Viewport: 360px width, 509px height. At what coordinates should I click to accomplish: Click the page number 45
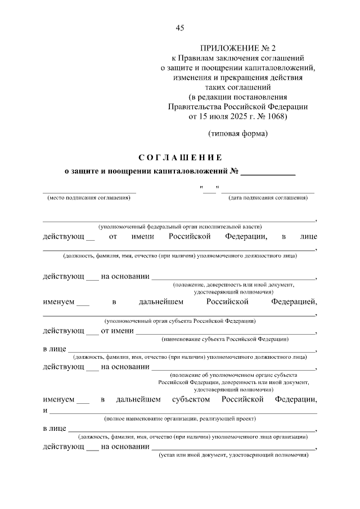point(180,28)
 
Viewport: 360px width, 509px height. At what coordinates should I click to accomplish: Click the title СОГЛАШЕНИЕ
point(180,157)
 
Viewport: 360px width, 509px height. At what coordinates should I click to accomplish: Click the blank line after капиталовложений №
point(268,171)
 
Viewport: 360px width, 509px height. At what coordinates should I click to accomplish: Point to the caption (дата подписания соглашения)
point(268,198)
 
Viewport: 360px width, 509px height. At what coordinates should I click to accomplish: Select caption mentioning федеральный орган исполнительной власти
point(180,226)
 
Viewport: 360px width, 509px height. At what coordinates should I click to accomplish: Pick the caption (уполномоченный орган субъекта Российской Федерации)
point(180,321)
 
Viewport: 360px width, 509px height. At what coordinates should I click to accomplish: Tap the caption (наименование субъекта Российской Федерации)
point(225,340)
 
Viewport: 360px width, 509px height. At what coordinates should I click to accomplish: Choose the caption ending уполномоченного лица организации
point(193,436)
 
